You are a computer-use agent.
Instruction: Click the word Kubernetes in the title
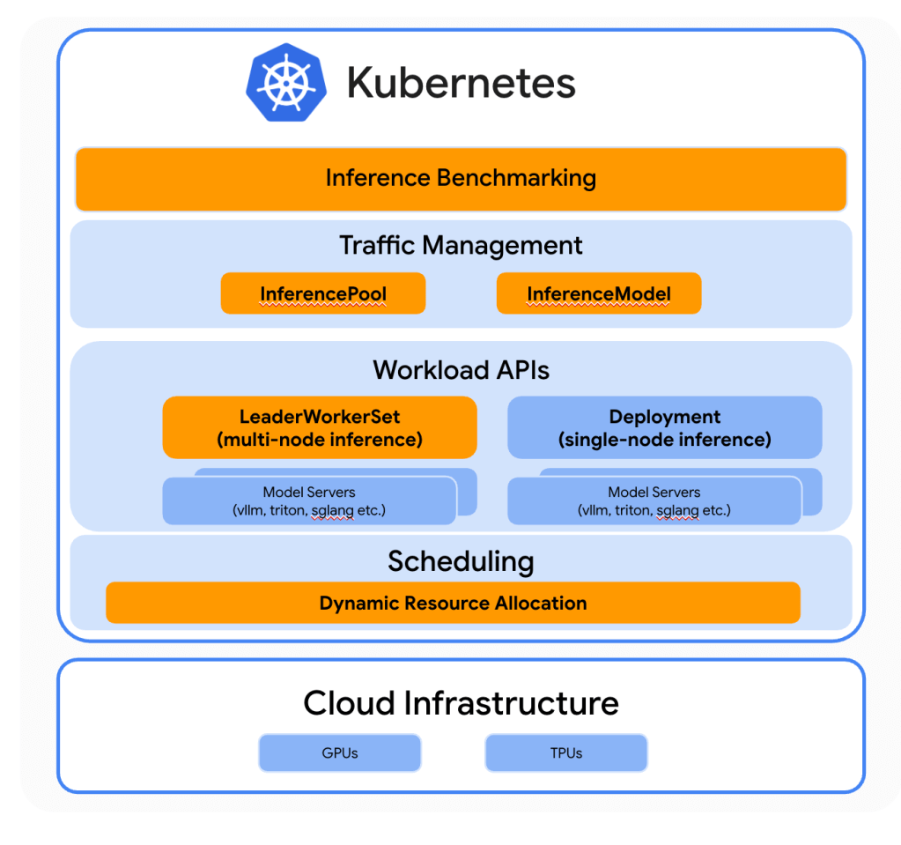(461, 84)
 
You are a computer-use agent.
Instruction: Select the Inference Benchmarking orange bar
(461, 179)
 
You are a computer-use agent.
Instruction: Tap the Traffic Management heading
(461, 245)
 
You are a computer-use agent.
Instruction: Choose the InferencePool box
(322, 294)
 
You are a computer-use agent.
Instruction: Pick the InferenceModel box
(599, 294)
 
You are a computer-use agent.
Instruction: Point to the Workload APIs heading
(461, 369)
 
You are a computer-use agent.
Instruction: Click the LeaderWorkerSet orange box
(320, 427)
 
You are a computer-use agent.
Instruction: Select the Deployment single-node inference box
(664, 427)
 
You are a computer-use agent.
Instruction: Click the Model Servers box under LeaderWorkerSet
(309, 500)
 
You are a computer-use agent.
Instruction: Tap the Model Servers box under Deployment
(654, 500)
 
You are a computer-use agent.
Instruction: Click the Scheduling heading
(461, 561)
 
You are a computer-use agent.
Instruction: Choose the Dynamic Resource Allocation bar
(453, 604)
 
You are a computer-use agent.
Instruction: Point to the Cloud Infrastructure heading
(461, 703)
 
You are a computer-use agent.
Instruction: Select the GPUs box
(339, 753)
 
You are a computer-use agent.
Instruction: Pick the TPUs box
(566, 753)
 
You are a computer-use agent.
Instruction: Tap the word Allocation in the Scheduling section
(540, 604)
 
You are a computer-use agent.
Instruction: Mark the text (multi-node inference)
(320, 439)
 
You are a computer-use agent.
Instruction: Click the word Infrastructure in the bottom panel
(511, 703)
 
